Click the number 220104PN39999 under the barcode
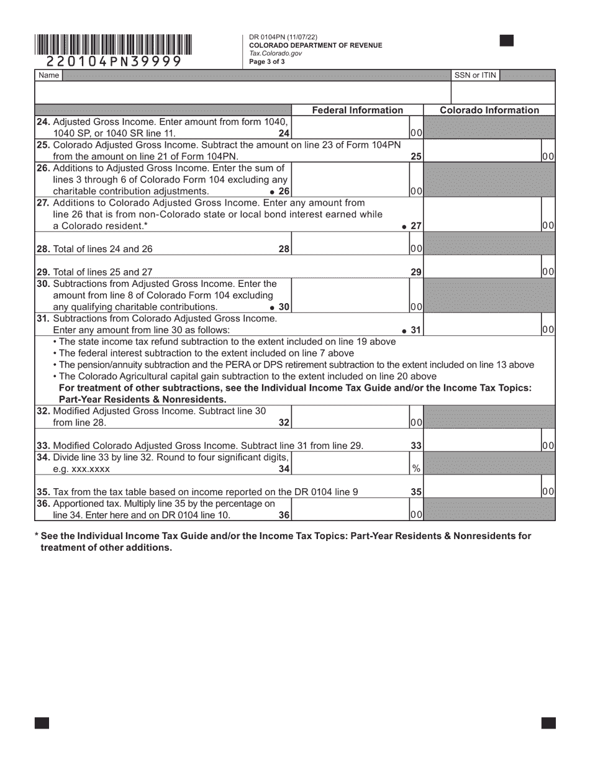(x=114, y=61)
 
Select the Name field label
(x=49, y=75)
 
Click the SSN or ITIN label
(x=475, y=75)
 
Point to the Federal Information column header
(x=357, y=110)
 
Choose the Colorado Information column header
(x=489, y=110)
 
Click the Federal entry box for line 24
(x=350, y=127)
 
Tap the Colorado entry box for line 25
(x=482, y=151)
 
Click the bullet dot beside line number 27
(x=404, y=227)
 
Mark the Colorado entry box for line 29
(x=482, y=266)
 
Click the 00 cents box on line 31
(x=548, y=330)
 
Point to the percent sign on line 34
(x=416, y=469)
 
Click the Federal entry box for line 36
(x=350, y=509)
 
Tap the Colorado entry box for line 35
(x=482, y=486)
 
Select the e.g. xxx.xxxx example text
(x=82, y=469)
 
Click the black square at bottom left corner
(x=42, y=722)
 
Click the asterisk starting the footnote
(x=37, y=536)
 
